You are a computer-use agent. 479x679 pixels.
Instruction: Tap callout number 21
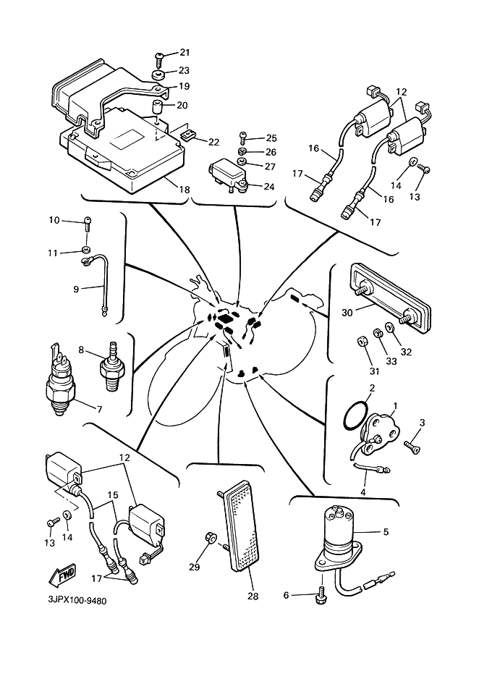(185, 53)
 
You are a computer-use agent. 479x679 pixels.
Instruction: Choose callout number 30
(347, 313)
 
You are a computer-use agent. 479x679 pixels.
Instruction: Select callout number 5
(386, 531)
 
